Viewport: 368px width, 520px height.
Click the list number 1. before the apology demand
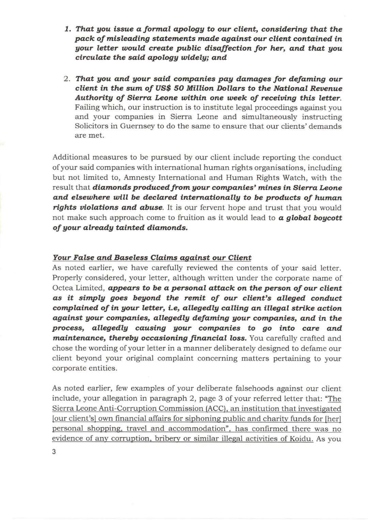click(x=67, y=29)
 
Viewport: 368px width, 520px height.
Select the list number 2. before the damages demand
click(x=67, y=79)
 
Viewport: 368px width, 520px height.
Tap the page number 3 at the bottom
click(x=54, y=452)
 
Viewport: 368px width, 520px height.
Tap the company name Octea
click(x=62, y=288)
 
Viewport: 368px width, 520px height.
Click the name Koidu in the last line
click(x=302, y=439)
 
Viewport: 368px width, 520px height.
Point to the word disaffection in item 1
click(x=202, y=48)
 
